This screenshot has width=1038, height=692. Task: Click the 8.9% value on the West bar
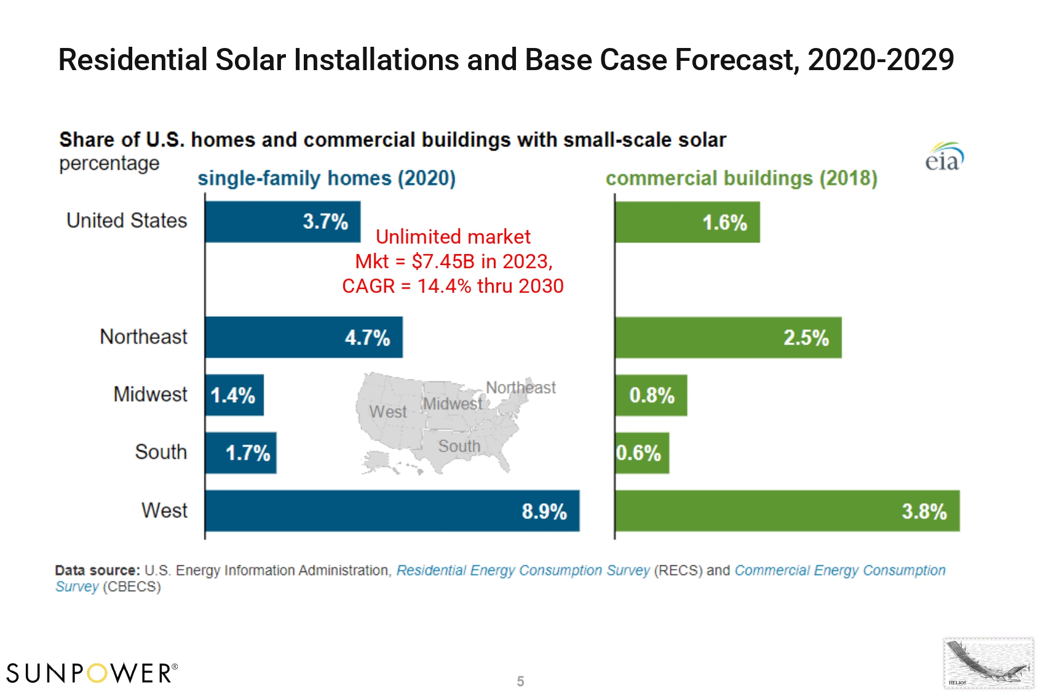[544, 511]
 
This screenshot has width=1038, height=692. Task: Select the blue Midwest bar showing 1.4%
[234, 395]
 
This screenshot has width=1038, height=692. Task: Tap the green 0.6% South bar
[641, 453]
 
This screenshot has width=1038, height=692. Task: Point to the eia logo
[944, 157]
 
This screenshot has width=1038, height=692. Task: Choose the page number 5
[520, 681]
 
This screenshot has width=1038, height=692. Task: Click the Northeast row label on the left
[143, 337]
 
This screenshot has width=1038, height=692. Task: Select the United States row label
[127, 220]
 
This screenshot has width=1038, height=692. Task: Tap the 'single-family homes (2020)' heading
[326, 178]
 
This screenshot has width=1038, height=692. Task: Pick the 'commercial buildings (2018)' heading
[741, 178]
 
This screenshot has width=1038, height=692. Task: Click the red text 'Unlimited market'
[453, 237]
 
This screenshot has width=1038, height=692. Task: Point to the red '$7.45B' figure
[443, 261]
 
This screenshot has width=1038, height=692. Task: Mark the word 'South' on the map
[459, 446]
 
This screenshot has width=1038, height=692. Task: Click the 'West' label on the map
[387, 412]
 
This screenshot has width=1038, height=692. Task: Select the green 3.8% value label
[924, 511]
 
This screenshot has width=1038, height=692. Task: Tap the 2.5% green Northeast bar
[728, 338]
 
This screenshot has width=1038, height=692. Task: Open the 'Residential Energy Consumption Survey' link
[523, 570]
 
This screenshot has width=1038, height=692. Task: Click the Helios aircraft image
[988, 664]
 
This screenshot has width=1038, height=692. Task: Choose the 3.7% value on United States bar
[325, 221]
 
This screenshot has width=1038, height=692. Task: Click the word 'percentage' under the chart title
[109, 164]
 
